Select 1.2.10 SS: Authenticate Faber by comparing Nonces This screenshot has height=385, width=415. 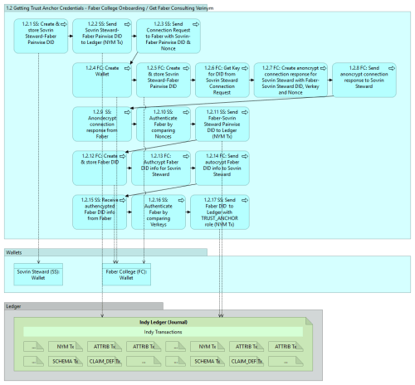163,124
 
